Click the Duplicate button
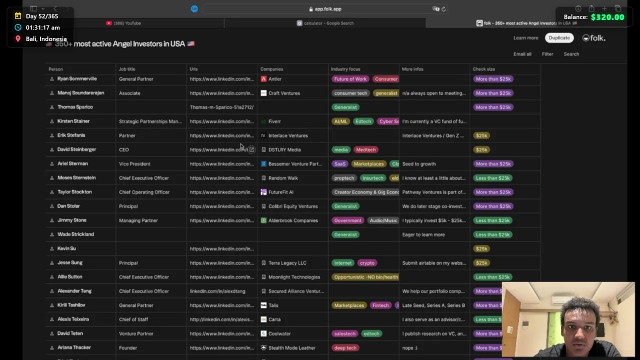[x=559, y=38]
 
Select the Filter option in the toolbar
[x=547, y=54]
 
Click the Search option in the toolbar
[x=571, y=54]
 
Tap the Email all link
[x=522, y=54]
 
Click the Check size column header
[x=483, y=69]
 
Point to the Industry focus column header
[x=345, y=69]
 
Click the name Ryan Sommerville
[x=77, y=79]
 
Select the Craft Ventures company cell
[x=283, y=93]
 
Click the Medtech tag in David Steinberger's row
[x=365, y=149]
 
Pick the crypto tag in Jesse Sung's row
[x=366, y=263]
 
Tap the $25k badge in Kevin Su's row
[x=481, y=248]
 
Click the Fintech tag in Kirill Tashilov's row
[x=380, y=305]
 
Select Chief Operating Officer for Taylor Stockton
[x=144, y=192]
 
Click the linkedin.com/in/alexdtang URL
[x=217, y=291]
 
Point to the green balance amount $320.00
[x=607, y=17]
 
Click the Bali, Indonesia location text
[x=46, y=39]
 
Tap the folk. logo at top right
[x=594, y=38]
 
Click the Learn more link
[x=525, y=38]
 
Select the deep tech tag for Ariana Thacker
[x=345, y=348]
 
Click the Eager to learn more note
[x=423, y=234]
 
